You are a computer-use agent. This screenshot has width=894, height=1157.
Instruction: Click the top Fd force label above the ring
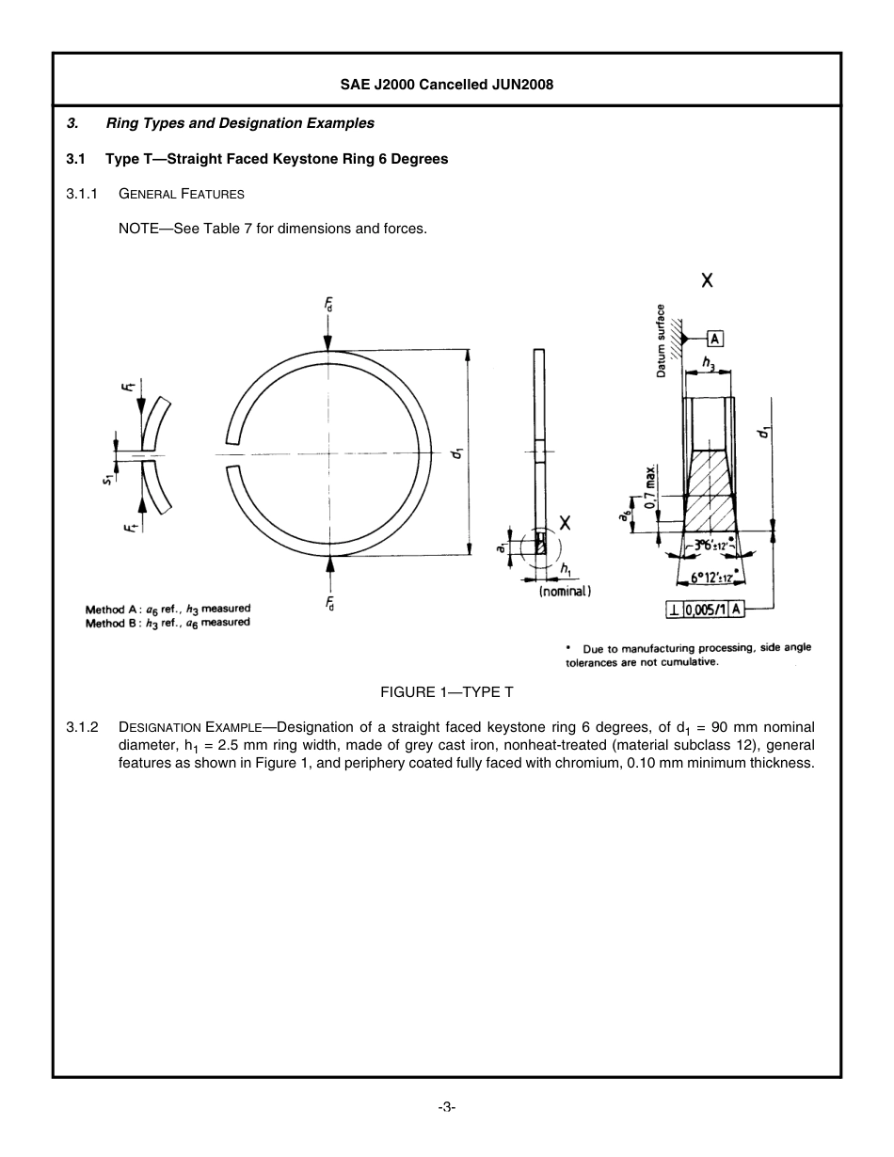(x=328, y=303)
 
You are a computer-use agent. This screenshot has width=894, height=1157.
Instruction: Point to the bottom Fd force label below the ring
(x=329, y=603)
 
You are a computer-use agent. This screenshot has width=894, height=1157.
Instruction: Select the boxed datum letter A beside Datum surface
(x=715, y=339)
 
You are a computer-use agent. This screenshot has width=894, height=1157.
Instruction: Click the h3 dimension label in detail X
(x=709, y=361)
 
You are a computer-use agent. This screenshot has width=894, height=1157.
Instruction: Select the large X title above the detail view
(x=707, y=279)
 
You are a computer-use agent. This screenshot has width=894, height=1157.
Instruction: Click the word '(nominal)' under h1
(x=565, y=592)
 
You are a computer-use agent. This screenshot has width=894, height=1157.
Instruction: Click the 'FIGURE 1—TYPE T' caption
(x=446, y=691)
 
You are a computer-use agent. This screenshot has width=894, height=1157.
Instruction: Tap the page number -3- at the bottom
(x=446, y=1107)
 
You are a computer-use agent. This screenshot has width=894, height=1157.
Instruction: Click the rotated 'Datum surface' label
(x=662, y=341)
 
